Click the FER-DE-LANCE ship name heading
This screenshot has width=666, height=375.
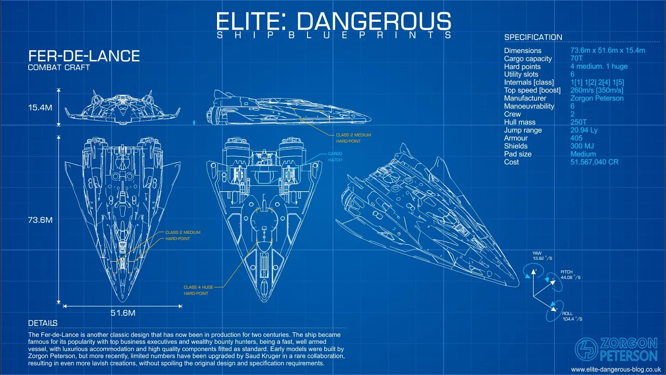click(x=84, y=56)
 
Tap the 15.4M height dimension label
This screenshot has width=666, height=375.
click(x=40, y=107)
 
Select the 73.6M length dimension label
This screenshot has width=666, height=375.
click(x=40, y=220)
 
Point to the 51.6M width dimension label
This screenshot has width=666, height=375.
click(x=123, y=313)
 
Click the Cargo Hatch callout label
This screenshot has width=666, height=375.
click(x=335, y=157)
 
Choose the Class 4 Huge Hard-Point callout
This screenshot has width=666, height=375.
click(x=198, y=290)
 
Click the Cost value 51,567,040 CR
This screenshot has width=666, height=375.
click(x=594, y=162)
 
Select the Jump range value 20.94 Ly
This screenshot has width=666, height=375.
click(x=584, y=130)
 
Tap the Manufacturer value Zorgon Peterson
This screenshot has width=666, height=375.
click(x=597, y=98)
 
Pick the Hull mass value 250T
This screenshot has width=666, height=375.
click(x=578, y=122)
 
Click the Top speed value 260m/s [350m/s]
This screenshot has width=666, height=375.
click(x=597, y=90)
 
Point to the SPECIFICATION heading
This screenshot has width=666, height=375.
click(x=533, y=37)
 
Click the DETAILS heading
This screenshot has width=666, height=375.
click(x=43, y=323)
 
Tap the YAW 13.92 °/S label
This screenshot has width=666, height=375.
click(x=542, y=256)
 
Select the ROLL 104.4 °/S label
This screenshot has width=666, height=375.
click(x=572, y=316)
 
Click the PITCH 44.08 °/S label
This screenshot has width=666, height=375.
click(x=570, y=274)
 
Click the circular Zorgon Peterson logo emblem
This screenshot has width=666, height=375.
click(x=586, y=349)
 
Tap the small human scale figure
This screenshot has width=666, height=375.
click(x=194, y=122)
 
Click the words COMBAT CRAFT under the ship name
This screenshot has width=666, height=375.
click(x=59, y=68)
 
